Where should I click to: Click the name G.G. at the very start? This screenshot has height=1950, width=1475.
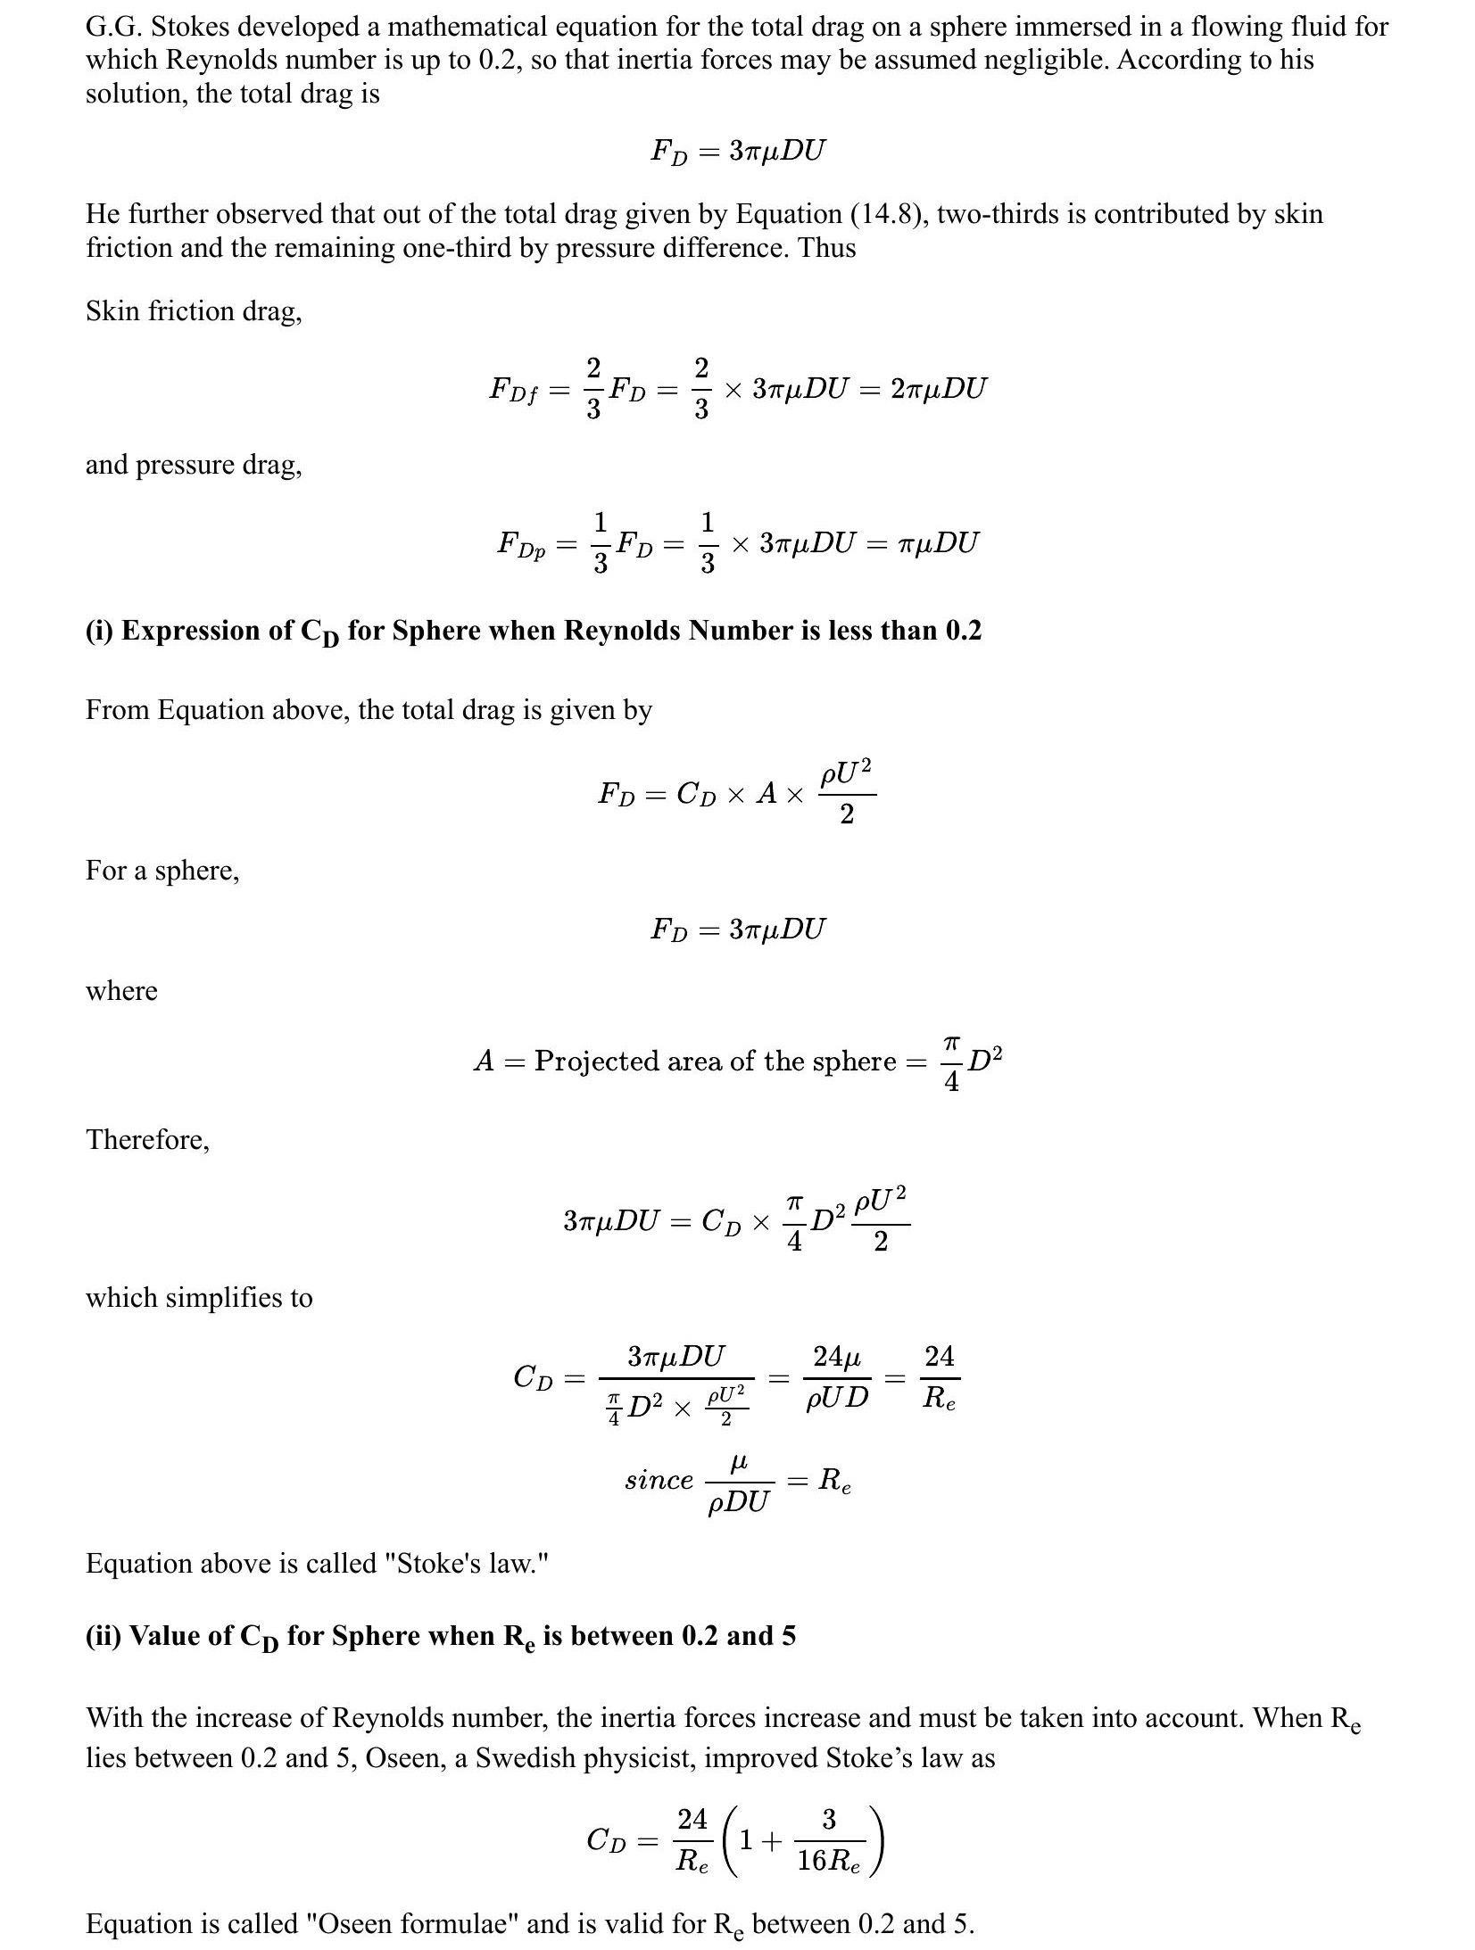(114, 27)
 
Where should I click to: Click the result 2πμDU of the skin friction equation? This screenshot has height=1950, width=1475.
(939, 389)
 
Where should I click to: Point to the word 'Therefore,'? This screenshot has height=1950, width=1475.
(147, 1139)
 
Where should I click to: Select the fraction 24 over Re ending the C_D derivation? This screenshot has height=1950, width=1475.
(939, 1377)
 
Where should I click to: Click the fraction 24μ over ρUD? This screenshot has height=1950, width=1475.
(837, 1377)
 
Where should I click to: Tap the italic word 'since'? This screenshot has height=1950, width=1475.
(659, 1480)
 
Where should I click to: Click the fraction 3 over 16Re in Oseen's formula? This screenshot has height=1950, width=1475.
(828, 1839)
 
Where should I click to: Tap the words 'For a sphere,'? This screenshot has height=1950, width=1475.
(162, 870)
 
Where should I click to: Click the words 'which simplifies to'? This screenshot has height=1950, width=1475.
(199, 1297)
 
